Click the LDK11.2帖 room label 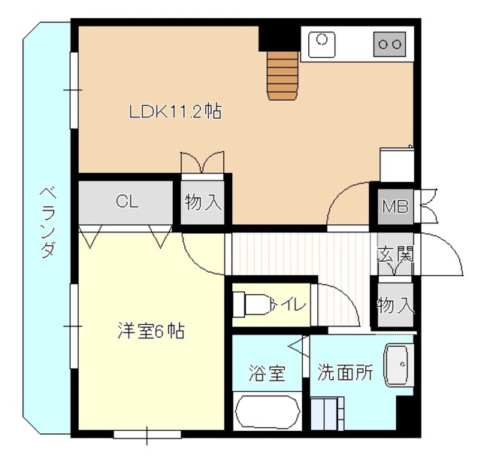(174, 113)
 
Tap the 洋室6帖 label (151, 330)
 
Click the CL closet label (126, 202)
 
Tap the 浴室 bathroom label (268, 372)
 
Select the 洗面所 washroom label (345, 372)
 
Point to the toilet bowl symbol (251, 305)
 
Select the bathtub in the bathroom (268, 413)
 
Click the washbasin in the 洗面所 (398, 365)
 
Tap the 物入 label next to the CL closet (204, 202)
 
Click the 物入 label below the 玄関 (395, 305)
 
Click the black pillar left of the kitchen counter (279, 38)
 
